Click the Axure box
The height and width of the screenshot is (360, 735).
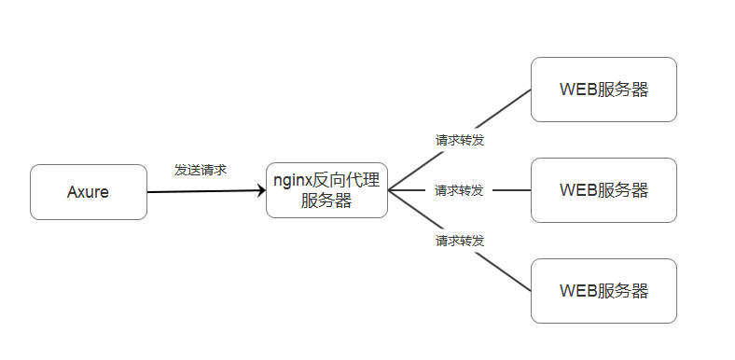point(89,192)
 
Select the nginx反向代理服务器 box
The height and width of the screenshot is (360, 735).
point(326,190)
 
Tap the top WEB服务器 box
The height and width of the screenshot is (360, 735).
point(603,90)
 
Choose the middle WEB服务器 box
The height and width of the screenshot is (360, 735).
point(603,190)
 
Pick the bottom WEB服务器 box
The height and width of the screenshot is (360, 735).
point(603,291)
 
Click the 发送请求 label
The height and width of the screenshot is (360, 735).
point(201,171)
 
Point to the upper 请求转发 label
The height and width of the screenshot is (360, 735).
point(460,140)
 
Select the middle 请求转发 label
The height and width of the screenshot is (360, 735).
point(459,190)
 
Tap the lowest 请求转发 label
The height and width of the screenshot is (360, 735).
point(460,241)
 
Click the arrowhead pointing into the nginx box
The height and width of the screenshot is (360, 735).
point(260,191)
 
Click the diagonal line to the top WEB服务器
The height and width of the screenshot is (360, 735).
point(504,106)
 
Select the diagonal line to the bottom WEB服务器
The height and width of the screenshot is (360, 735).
point(504,274)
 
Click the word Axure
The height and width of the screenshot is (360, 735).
point(89,192)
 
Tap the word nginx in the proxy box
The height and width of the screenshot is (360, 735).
point(291,180)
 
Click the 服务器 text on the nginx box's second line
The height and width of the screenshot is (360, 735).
point(326,201)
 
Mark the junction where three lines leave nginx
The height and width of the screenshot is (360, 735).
point(389,190)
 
